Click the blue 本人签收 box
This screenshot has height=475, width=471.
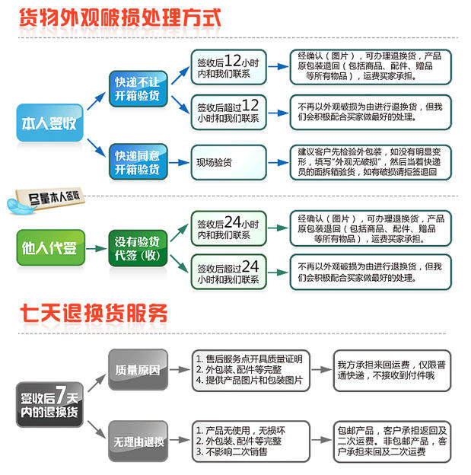tap(49, 123)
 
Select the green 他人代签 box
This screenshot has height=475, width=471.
tap(50, 248)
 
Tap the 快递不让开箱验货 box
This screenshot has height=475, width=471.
tap(138, 89)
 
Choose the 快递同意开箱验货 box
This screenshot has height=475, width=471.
tap(138, 162)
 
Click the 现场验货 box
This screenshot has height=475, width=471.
tap(229, 162)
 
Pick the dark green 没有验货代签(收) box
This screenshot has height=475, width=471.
tap(138, 248)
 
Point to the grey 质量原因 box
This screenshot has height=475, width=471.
tap(138, 370)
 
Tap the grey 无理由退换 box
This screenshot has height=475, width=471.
tap(138, 441)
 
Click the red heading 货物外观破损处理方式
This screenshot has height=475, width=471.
tap(120, 18)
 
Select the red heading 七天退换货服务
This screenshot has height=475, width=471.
tap(94, 313)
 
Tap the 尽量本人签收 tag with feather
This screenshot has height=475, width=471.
tap(46, 200)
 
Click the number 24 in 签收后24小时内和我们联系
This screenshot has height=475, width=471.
tap(233, 222)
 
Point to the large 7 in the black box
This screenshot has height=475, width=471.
tap(61, 394)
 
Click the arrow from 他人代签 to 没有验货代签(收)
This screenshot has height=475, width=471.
tap(97, 249)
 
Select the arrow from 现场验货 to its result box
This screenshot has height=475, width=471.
tap(278, 163)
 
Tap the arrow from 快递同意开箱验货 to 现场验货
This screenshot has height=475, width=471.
tap(179, 163)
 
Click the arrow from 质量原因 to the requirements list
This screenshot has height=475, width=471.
tap(180, 370)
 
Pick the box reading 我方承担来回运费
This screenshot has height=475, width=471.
tap(393, 371)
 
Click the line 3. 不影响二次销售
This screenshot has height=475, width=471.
tap(232, 451)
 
